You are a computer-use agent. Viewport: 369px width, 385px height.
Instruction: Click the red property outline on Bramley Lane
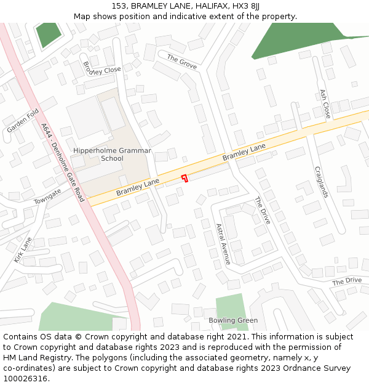[x=184, y=178]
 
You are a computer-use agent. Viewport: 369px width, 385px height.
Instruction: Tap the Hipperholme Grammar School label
[x=98, y=154]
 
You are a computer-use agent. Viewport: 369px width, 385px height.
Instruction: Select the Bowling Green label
[x=233, y=320]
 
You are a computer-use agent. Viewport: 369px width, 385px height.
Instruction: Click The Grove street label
[x=181, y=61]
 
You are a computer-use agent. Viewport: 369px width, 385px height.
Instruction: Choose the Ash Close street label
[x=325, y=103]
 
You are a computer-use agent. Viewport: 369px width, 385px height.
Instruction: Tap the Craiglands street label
[x=322, y=182]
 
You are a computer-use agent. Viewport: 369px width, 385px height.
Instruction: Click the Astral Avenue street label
[x=223, y=244]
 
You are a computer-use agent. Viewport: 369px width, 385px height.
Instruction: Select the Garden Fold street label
[x=23, y=121]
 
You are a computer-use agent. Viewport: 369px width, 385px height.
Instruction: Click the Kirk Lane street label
[x=23, y=249]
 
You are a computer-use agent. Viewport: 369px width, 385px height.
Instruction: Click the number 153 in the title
[x=119, y=6]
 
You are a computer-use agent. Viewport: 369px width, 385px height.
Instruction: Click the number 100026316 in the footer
[x=25, y=379]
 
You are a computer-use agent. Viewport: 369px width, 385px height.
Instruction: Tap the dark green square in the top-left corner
[x=49, y=34]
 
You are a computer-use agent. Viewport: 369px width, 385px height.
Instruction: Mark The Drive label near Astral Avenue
[x=263, y=210]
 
